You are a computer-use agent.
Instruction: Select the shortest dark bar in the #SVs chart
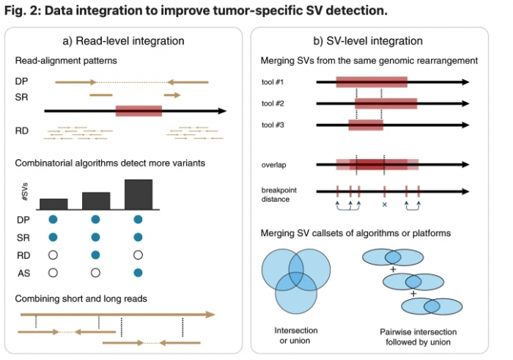click(x=53, y=203)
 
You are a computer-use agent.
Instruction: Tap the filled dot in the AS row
click(x=139, y=272)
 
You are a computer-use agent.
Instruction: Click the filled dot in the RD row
click(x=95, y=254)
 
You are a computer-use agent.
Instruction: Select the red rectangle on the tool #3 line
click(x=366, y=125)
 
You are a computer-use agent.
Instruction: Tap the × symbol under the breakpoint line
click(x=385, y=205)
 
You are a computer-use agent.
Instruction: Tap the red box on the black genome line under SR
click(x=139, y=111)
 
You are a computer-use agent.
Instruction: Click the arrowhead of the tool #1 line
click(x=465, y=82)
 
